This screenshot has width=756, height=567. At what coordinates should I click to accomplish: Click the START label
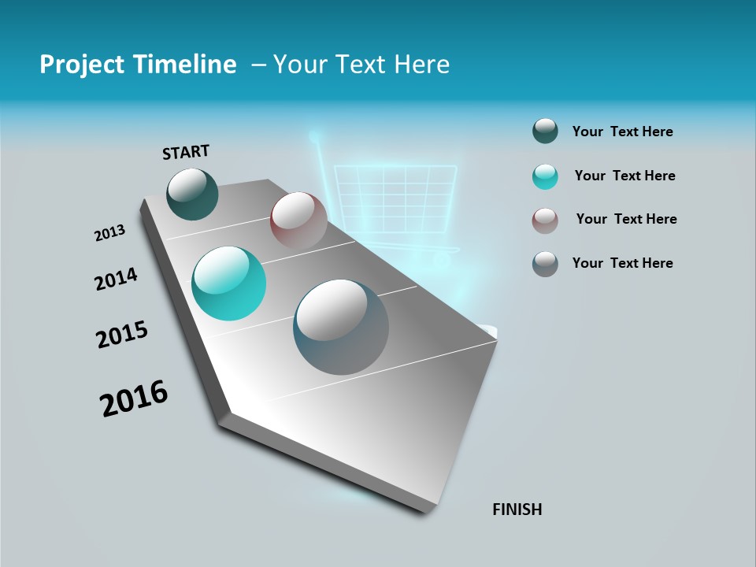point(186,152)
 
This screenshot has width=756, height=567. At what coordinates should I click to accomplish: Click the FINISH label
point(517,510)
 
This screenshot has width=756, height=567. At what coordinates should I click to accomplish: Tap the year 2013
point(109,233)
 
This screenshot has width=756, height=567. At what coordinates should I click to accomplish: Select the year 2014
point(116,279)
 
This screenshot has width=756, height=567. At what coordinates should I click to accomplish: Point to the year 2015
point(122,335)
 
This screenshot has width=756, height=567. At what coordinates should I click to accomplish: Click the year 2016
point(134,398)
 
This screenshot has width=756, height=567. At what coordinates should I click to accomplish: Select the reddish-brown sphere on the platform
point(298,220)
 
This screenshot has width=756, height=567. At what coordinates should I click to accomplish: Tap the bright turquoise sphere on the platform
point(228,283)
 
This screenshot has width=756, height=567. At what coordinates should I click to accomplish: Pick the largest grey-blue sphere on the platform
point(341,327)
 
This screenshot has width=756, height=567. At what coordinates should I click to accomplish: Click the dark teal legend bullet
point(545,132)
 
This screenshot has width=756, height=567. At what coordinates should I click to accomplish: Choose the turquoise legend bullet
point(545,176)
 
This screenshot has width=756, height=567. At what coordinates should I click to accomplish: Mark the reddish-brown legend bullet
point(545,220)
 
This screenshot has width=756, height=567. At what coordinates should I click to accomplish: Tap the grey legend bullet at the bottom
point(545,264)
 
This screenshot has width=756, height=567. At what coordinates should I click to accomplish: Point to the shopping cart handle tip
point(314,137)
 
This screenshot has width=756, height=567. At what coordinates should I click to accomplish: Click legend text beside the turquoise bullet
point(624,176)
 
